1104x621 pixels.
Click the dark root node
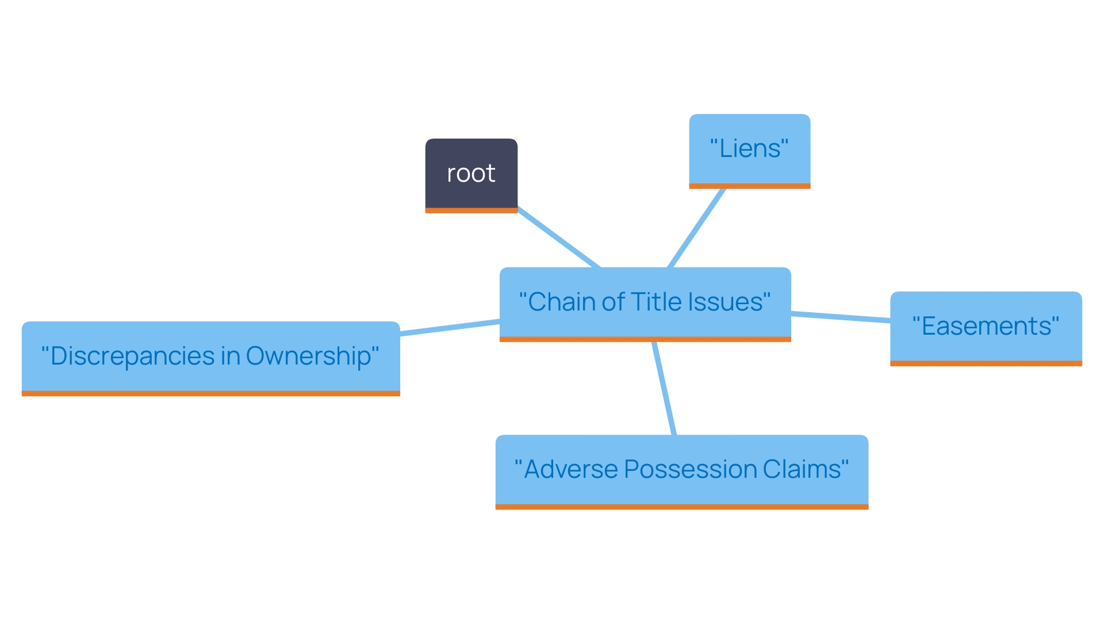point(471,173)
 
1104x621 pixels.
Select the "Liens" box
point(749,149)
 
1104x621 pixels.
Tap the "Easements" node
point(986,326)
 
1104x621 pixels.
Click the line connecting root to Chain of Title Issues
point(558,237)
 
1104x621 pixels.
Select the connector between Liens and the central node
point(696,228)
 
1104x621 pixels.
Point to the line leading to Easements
point(841,316)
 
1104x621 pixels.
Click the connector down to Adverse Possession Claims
point(664,389)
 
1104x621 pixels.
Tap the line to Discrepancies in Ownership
point(450,327)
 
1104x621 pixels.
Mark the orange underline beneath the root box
point(471,210)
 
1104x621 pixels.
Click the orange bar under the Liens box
point(749,186)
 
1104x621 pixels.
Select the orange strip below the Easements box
point(986,363)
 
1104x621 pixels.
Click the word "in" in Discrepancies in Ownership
point(230,356)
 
